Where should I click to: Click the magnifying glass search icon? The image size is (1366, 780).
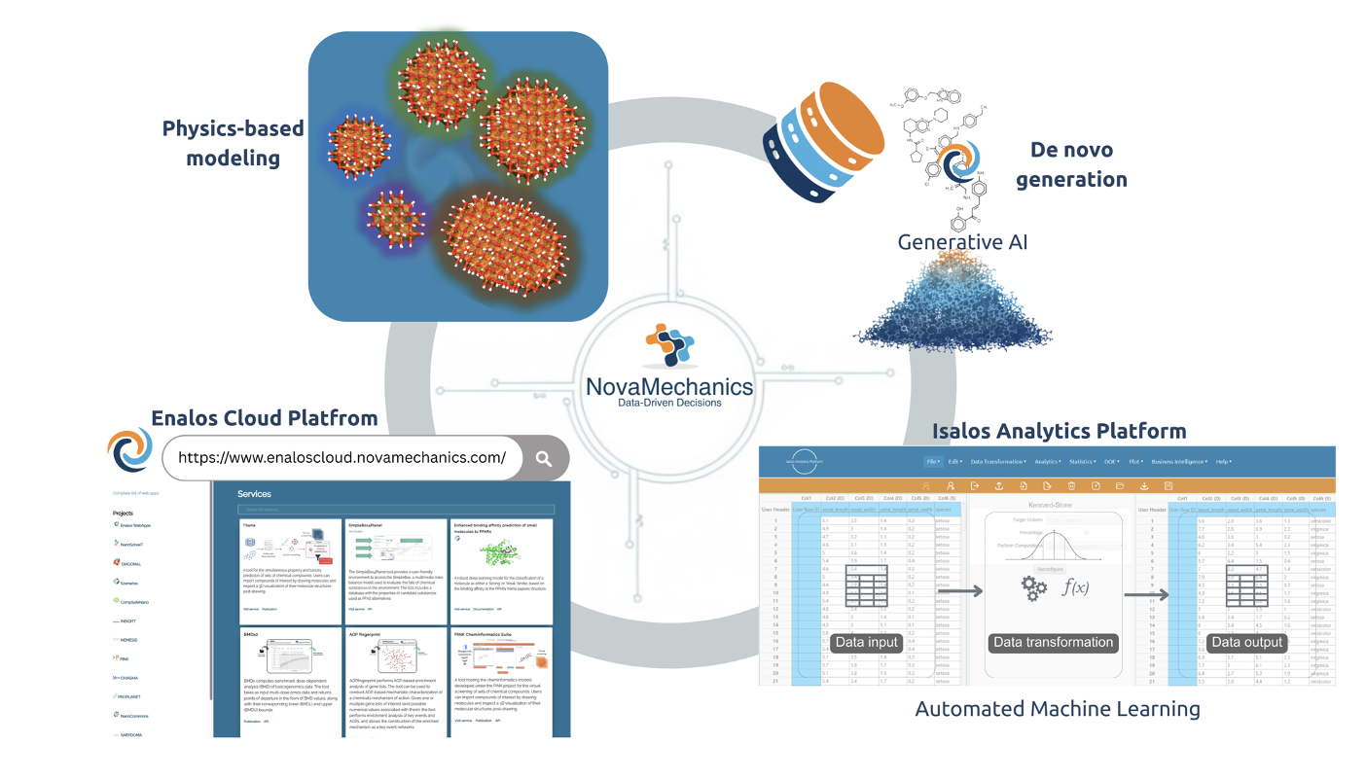tap(543, 458)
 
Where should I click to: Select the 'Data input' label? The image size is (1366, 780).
tap(866, 642)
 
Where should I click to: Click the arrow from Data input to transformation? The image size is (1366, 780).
tap(959, 589)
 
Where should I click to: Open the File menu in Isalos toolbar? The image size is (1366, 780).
tap(933, 462)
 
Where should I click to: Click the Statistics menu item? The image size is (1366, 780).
tap(1082, 462)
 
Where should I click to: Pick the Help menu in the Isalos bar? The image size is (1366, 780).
tap(1223, 462)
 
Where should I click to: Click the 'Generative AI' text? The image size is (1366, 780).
tap(963, 242)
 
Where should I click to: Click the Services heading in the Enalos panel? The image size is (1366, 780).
tap(254, 494)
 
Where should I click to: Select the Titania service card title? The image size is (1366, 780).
tap(256, 524)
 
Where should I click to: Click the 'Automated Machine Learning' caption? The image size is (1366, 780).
tap(1058, 709)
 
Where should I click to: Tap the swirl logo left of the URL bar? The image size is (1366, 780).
tap(130, 450)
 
